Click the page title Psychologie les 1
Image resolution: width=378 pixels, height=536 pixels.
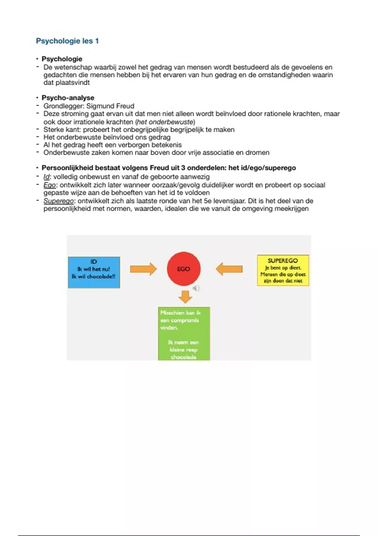tap(67, 41)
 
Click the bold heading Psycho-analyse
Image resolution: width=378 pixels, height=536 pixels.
tap(68, 98)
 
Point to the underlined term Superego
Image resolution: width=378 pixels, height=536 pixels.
tap(58, 201)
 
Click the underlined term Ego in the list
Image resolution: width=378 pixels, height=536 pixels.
tap(49, 185)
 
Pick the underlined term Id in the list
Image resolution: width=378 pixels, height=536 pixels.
tap(46, 177)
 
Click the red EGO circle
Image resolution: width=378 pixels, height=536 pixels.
tap(184, 269)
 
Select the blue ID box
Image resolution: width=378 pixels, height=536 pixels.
tap(94, 272)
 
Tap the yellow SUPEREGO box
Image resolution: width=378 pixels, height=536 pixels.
tap(283, 271)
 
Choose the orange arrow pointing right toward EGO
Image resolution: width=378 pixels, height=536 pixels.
tap(143, 269)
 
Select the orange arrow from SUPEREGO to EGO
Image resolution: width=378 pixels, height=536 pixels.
tap(229, 269)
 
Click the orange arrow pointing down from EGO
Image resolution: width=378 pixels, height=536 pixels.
tap(185, 296)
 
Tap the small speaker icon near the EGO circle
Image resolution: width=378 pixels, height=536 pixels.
tap(196, 288)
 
